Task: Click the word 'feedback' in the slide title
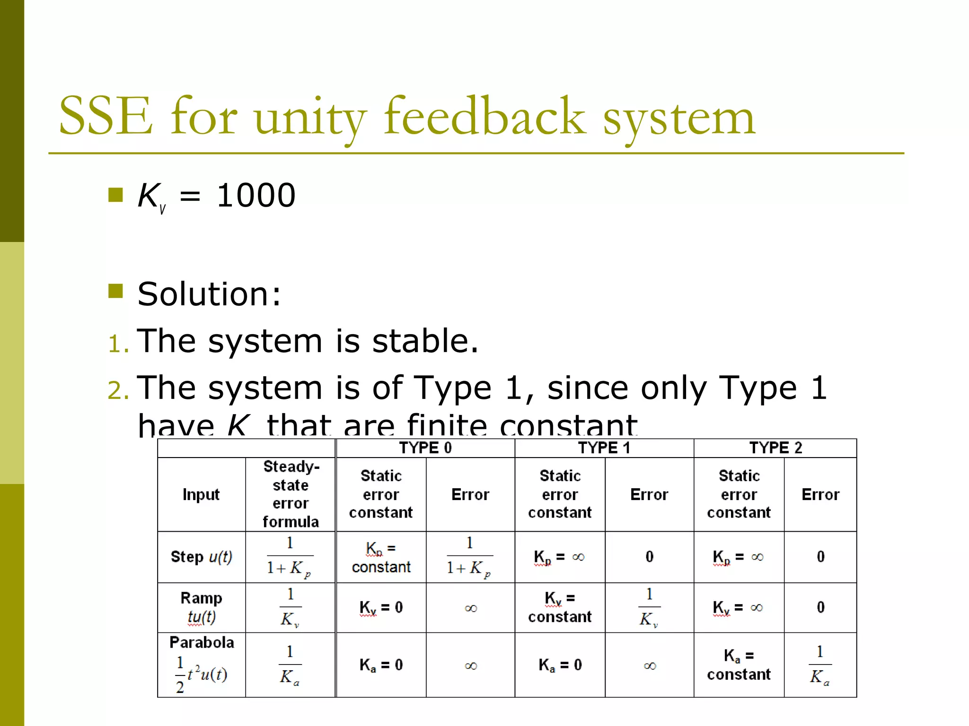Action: [x=484, y=116]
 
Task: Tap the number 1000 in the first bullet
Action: [x=256, y=195]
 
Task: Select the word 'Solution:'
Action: [x=209, y=294]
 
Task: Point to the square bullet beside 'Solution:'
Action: [x=115, y=291]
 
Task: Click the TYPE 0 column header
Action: [x=425, y=448]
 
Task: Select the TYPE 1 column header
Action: [x=604, y=448]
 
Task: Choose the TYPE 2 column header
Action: [x=775, y=448]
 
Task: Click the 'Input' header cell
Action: [x=201, y=494]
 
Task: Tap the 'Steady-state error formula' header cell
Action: [x=291, y=494]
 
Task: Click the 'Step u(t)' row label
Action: [x=201, y=557]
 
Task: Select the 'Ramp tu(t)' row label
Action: [x=201, y=607]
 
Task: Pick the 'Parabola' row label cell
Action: [x=201, y=664]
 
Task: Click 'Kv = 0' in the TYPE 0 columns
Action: [x=381, y=607]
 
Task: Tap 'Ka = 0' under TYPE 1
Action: [x=560, y=665]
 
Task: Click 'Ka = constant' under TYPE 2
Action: [x=739, y=665]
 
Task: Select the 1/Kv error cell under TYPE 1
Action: [x=649, y=607]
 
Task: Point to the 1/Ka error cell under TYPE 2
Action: [x=820, y=665]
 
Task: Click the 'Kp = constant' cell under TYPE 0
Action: [x=381, y=557]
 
